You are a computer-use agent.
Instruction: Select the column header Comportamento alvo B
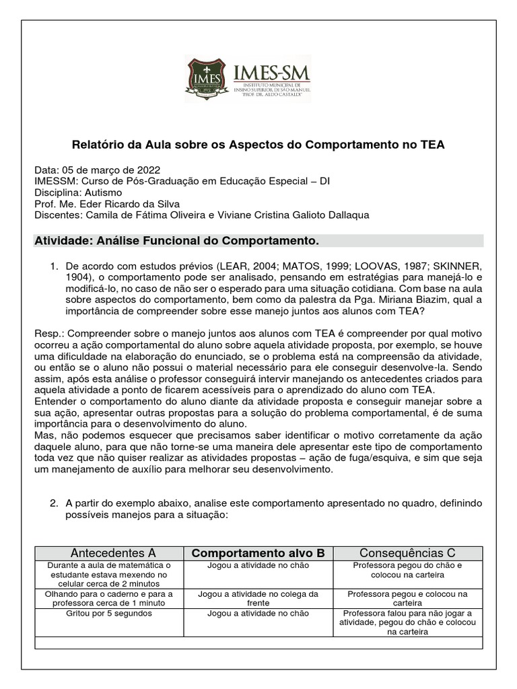click(258, 553)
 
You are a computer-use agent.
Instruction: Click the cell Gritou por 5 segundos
click(104, 614)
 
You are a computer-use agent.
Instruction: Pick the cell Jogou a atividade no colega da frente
click(258, 599)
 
